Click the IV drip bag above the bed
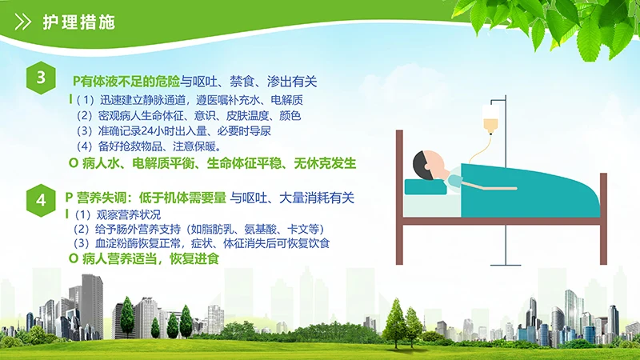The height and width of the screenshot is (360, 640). coord(490,129)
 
